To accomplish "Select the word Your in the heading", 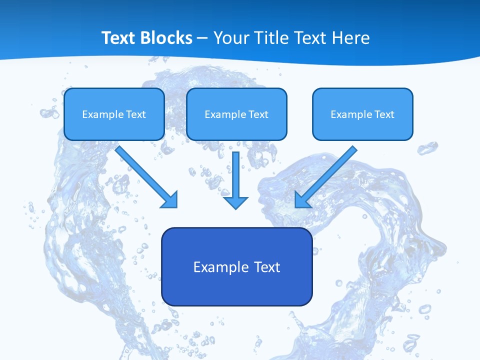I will [x=231, y=38].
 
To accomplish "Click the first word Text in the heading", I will [x=119, y=38].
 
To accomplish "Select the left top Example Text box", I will [x=114, y=114].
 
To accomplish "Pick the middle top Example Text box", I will [x=236, y=114].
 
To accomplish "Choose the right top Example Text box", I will [x=362, y=114].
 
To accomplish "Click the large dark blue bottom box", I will [x=236, y=266].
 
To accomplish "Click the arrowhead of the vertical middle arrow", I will [x=236, y=202].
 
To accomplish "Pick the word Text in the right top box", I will [x=384, y=114].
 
